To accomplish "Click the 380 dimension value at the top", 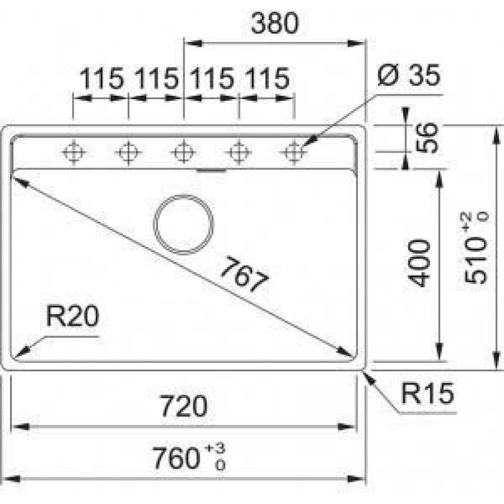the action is click(275, 23).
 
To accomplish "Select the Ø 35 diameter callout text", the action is click(408, 75).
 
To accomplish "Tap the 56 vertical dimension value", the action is click(427, 137).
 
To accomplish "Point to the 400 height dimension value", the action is click(418, 263).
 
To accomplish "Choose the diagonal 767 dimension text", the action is click(244, 274).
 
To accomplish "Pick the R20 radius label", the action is click(72, 316).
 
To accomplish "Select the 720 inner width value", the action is click(184, 406).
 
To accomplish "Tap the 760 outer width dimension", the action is click(176, 459).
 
